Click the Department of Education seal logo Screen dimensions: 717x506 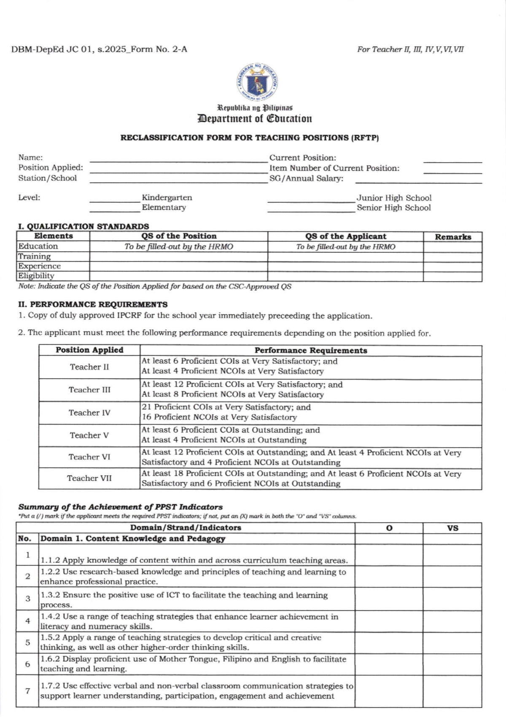257,82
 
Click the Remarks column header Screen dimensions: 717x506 453,237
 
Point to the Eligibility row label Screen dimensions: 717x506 36,276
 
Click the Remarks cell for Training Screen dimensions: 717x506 452,257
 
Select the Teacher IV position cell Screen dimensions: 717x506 89,413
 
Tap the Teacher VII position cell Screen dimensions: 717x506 89,478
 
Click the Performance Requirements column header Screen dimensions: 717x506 311,351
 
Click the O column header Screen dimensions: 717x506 389,528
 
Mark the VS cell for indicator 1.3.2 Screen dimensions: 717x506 452,599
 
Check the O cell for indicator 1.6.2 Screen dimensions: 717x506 389,664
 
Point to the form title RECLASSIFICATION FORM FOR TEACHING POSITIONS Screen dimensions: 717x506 250,138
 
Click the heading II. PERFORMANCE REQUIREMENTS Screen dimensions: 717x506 93,304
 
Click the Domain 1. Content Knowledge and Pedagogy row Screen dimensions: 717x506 133,539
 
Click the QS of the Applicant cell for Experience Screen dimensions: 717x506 345,266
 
